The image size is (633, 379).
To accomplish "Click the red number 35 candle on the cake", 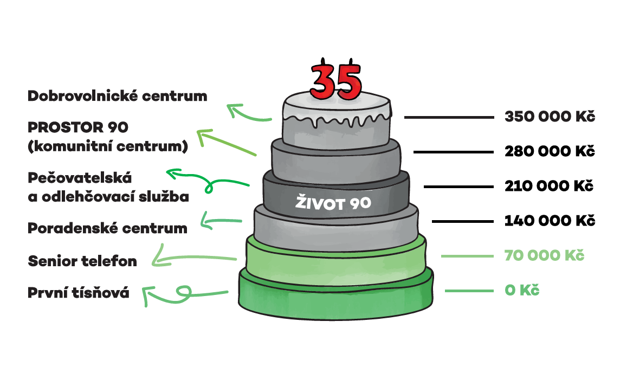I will [335, 81].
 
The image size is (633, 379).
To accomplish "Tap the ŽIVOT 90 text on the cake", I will [333, 204].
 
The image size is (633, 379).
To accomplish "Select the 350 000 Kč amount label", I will [550, 117].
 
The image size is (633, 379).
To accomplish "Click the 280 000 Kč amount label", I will [550, 152].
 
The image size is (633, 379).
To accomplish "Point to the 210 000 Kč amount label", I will [550, 187].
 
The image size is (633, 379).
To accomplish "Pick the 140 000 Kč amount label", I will [550, 221].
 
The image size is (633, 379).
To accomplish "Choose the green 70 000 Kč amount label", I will [545, 255].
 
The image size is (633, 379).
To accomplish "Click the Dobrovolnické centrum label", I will [118, 97].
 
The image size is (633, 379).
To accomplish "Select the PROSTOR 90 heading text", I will [78, 128].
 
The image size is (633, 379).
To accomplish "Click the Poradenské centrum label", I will [107, 228].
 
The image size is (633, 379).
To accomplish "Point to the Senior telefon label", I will [82, 261].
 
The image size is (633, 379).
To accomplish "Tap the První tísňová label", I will [79, 293].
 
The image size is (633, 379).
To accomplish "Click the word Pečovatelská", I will [80, 178].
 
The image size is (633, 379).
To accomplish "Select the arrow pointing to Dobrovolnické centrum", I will [248, 114].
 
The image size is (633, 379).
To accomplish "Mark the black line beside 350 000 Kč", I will [449, 117].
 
